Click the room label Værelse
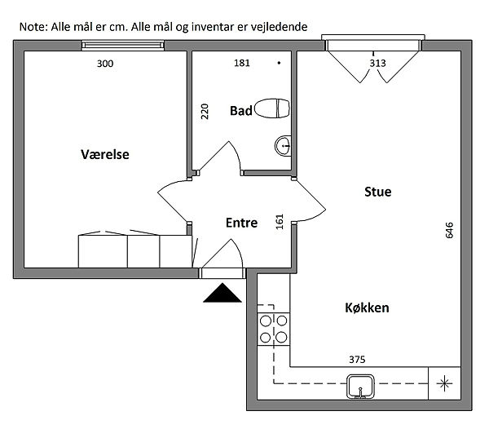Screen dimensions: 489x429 pyautogui.click(x=105, y=154)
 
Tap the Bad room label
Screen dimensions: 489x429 pyautogui.click(x=240, y=111)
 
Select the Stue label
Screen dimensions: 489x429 pyautogui.click(x=377, y=192)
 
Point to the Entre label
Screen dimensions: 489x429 pyautogui.click(x=241, y=223)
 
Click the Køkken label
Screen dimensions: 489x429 pyautogui.click(x=367, y=308)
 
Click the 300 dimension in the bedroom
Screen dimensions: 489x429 pyautogui.click(x=105, y=64)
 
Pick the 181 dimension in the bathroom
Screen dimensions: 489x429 pyautogui.click(x=242, y=63)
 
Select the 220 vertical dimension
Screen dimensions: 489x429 pyautogui.click(x=205, y=112)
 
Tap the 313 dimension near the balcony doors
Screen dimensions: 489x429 pyautogui.click(x=377, y=64)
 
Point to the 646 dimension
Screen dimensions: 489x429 pyautogui.click(x=449, y=230)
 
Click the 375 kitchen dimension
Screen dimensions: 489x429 pyautogui.click(x=357, y=360)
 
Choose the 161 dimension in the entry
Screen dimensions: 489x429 pyautogui.click(x=280, y=222)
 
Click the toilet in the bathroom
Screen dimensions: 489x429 pyautogui.click(x=272, y=108)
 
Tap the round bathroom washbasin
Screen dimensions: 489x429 pyautogui.click(x=283, y=146)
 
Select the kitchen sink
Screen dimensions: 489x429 pyautogui.click(x=360, y=387)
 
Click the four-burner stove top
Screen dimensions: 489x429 pyautogui.click(x=274, y=329)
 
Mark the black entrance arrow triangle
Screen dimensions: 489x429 pyautogui.click(x=222, y=293)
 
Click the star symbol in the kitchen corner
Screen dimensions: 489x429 pyautogui.click(x=444, y=384)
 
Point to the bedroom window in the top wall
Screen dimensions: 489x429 pyautogui.click(x=122, y=46)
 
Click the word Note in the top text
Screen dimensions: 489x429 pyautogui.click(x=33, y=27)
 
